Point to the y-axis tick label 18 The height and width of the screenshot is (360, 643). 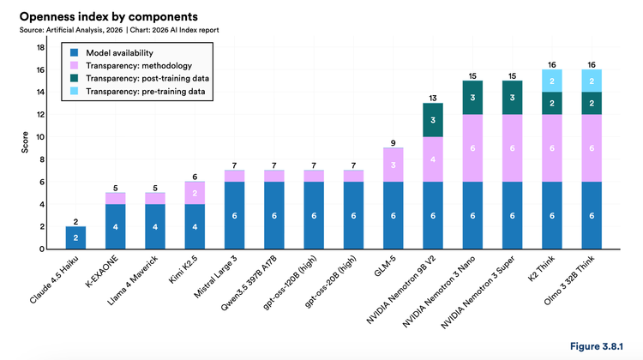point(39,46)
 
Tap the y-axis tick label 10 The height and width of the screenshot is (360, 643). point(39,136)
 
